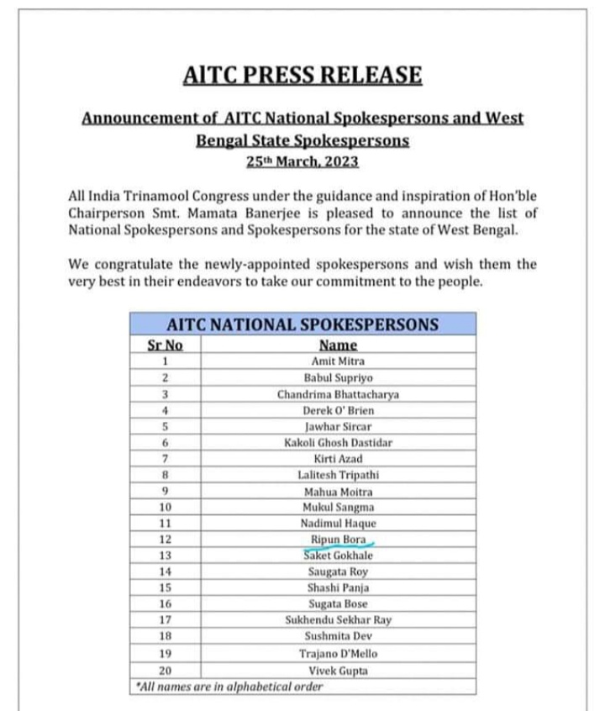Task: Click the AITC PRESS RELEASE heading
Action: coord(302,76)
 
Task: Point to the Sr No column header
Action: coord(165,345)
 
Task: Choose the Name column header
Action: coord(338,345)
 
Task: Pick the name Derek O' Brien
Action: coord(338,410)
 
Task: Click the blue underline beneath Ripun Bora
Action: coord(341,547)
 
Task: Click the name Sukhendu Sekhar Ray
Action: coord(338,620)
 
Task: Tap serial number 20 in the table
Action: coord(166,671)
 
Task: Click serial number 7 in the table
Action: coord(166,459)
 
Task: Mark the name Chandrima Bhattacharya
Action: coord(338,394)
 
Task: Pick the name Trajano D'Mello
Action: coord(338,653)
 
